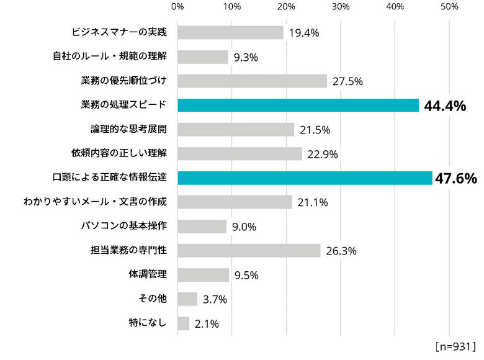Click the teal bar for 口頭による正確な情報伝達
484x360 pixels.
point(305,178)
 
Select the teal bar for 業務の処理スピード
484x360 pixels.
point(298,106)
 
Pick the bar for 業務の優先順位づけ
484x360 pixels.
point(252,81)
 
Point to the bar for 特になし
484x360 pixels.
point(183,323)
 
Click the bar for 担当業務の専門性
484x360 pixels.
point(249,251)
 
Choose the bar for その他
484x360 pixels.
point(187,299)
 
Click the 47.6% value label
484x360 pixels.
point(455,179)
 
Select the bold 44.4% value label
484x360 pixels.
point(445,106)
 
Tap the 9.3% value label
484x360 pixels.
point(246,58)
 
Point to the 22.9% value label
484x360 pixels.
point(322,155)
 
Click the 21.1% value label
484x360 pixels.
point(312,203)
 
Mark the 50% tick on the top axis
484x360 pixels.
point(449,7)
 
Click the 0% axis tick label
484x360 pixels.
point(177,7)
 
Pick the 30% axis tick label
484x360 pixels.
point(341,7)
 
